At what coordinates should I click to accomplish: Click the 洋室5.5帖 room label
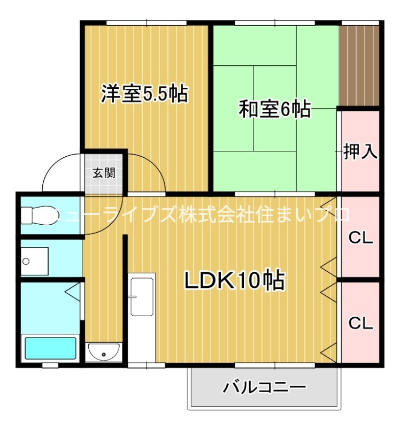click(144, 94)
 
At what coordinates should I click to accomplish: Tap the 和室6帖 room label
click(274, 110)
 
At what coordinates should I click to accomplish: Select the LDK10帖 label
click(234, 280)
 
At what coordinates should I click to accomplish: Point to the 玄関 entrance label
click(103, 173)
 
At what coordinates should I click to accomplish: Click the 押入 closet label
click(360, 152)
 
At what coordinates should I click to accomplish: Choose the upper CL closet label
click(360, 238)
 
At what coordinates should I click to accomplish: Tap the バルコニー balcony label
click(264, 386)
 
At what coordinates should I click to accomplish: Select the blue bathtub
click(51, 348)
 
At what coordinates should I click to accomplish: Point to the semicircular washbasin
click(104, 353)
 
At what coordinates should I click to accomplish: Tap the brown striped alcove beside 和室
click(359, 64)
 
